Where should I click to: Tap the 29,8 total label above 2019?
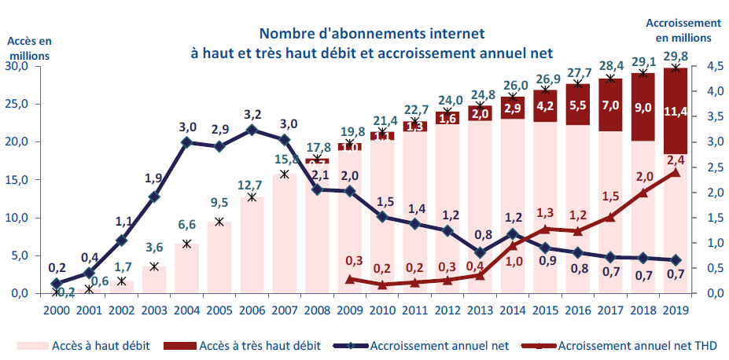coord(677,54)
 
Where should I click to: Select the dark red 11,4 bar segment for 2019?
coord(677,111)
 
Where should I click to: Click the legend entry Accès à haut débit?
coord(87,344)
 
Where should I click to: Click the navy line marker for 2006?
coord(252,130)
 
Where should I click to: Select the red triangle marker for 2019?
coord(675,172)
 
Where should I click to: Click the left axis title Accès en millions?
coord(29,48)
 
